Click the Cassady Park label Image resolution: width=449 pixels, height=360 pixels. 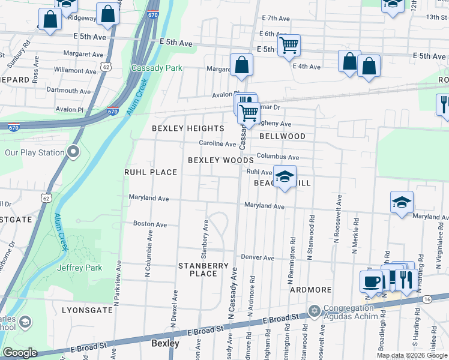click(157, 68)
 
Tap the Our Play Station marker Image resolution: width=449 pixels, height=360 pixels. click(73, 152)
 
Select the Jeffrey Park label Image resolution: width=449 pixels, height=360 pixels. click(79, 268)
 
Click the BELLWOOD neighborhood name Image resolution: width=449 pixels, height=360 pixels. click(282, 136)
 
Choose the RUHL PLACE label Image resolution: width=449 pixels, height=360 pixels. click(151, 172)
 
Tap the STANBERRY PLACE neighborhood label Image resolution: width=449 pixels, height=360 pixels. click(203, 269)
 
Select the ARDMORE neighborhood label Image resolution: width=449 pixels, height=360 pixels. click(311, 290)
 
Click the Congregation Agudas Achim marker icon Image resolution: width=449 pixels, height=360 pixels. click(313, 310)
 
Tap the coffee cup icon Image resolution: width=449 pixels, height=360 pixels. click(372, 281)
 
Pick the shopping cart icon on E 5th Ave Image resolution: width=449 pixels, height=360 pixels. click(289, 45)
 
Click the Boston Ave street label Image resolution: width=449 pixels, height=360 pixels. click(150, 223)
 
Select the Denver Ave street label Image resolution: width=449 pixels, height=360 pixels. click(258, 257)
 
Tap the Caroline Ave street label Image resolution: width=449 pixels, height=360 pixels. click(218, 143)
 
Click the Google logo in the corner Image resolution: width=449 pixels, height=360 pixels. click(20, 353)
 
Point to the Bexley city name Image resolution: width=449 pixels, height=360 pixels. click(165, 343)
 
